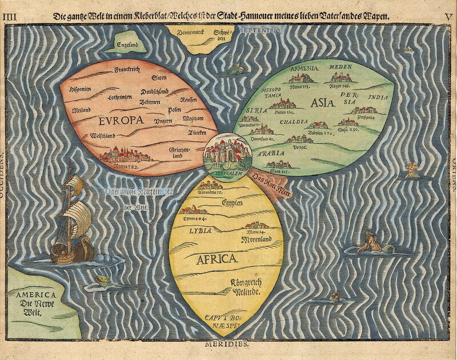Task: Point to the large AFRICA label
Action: point(217,259)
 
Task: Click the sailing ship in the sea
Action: point(73,220)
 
